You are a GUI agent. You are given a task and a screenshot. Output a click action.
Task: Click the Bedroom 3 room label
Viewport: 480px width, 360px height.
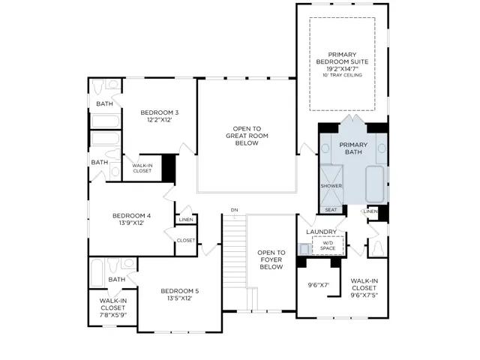coord(160,112)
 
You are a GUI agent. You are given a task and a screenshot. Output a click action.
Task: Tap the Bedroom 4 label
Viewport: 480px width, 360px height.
coord(132,216)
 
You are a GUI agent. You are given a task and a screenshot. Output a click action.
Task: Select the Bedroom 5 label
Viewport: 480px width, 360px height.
coord(180,291)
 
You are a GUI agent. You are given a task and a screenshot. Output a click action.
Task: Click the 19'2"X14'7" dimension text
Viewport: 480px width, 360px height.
coord(342,68)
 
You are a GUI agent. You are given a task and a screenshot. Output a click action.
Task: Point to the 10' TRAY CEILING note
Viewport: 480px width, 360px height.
coord(342,75)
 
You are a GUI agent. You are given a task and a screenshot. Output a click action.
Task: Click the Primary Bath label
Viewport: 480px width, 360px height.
coord(353,148)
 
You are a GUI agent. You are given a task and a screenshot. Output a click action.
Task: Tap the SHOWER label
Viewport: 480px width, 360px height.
coord(331,186)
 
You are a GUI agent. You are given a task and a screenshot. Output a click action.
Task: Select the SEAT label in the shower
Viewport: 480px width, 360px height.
coord(331,210)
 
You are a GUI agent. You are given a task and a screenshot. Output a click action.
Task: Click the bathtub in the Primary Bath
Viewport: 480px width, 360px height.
coord(375,184)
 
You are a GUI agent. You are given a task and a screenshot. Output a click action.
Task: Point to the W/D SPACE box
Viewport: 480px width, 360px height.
coord(328,245)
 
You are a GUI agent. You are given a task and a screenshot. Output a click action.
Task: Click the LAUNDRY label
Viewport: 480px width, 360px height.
coord(322,232)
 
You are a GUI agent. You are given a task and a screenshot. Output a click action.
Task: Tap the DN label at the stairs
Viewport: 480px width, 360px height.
coord(234,210)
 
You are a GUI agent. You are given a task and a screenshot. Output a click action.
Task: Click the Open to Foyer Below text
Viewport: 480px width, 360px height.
coord(271,260)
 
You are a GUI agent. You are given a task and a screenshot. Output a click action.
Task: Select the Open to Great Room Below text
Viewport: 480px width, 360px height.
coord(247,136)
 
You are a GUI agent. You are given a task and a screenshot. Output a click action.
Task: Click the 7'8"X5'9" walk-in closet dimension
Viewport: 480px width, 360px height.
coord(113,315)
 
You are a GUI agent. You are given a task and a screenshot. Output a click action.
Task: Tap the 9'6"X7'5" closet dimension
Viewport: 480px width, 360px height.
coord(364,295)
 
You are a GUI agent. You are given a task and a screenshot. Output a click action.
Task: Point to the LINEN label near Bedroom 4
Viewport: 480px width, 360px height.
coord(186,220)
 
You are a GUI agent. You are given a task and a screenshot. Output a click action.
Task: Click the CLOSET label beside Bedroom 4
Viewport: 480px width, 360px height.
coord(186,241)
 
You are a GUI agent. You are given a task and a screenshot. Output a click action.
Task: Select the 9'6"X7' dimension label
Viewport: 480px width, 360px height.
coord(318,285)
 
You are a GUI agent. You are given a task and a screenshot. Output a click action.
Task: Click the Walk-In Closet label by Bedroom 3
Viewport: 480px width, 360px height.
coord(142,168)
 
